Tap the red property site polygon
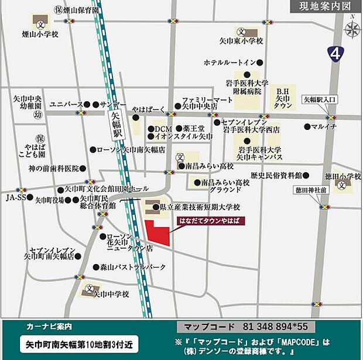coord(156,233)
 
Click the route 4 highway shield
coord(335,54)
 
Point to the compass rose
coord(352,29)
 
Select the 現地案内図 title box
coord(324,6)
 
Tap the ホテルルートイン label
coord(230,62)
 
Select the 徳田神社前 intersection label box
coord(309,190)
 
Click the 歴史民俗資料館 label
coord(275,175)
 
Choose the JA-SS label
coord(15,198)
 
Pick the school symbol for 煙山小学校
coord(40,25)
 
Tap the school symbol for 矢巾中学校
coord(89,288)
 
